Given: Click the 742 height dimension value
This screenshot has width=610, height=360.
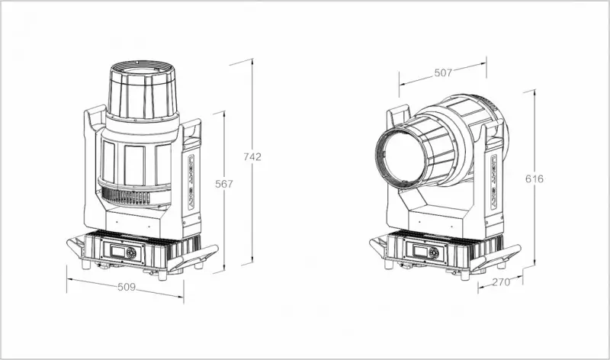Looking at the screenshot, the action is [x=252, y=156].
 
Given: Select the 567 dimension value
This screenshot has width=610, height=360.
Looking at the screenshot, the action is [x=224, y=184].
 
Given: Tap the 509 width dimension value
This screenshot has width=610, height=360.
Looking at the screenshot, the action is [x=127, y=287].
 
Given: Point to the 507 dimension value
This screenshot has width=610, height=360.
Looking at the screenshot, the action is [x=443, y=72].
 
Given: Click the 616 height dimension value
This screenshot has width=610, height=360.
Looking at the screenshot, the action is [x=535, y=179].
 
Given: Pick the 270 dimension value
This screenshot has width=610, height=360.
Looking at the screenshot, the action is [x=501, y=281].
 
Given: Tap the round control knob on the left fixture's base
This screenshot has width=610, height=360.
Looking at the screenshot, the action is [x=130, y=253].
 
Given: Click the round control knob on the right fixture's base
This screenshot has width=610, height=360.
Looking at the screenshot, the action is [x=433, y=253].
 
